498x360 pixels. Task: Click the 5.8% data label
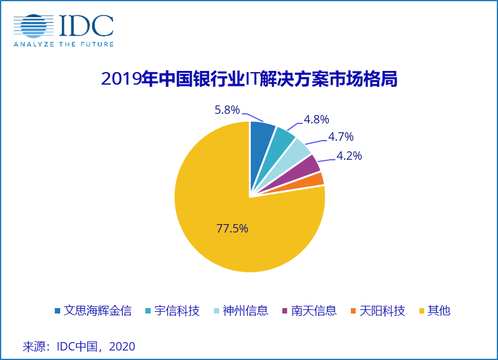[x=227, y=110]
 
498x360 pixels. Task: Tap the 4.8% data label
[x=316, y=119]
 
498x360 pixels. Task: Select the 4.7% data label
[x=341, y=138]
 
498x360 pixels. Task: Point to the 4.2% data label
[x=349, y=156]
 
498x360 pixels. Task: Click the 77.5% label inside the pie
[x=232, y=228]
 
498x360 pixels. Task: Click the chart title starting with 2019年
[x=249, y=79]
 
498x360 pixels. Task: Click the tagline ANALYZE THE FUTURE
[x=64, y=44]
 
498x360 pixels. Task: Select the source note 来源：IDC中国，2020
[x=79, y=346]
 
